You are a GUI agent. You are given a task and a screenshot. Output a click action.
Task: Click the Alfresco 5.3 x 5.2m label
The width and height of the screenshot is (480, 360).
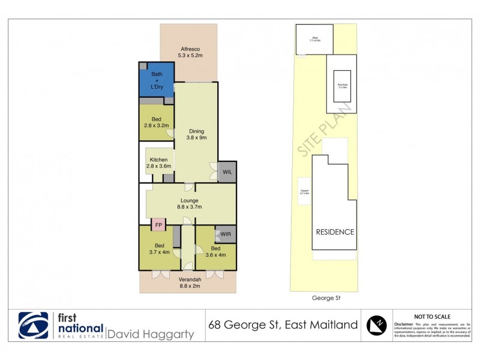pyautogui.click(x=188, y=52)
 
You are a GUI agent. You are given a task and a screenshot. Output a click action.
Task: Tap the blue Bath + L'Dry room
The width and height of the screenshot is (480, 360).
pyautogui.click(x=156, y=80)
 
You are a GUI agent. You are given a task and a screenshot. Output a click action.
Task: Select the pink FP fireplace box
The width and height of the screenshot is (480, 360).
pyautogui.click(x=158, y=225)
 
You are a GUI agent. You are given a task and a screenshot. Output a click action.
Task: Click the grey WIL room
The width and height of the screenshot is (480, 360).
pyautogui.click(x=227, y=172)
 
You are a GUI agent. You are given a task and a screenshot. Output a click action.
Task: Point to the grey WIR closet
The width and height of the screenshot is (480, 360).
pyautogui.click(x=226, y=235)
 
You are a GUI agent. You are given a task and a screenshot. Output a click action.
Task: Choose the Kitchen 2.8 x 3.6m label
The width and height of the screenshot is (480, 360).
pyautogui.click(x=158, y=163)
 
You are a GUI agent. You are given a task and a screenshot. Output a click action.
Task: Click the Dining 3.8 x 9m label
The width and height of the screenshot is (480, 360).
pyautogui.click(x=197, y=134)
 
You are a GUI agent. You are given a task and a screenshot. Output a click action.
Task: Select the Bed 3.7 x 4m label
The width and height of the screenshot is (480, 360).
pyautogui.click(x=159, y=249)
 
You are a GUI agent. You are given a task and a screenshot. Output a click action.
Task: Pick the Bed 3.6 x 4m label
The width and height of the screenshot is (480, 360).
pyautogui.click(x=215, y=251)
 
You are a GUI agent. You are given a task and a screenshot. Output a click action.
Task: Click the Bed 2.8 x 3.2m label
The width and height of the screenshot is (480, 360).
pyautogui.click(x=156, y=122)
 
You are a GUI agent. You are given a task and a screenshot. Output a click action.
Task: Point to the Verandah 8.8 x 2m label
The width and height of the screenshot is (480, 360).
pyautogui.click(x=187, y=283)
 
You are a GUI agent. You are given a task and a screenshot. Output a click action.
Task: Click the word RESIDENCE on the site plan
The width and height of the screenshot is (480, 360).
pyautogui.click(x=335, y=232)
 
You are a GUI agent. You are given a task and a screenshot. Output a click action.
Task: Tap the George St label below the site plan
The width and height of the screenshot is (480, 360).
pyautogui.click(x=326, y=297)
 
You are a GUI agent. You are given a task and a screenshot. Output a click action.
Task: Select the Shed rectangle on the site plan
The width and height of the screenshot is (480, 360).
pyautogui.click(x=314, y=40)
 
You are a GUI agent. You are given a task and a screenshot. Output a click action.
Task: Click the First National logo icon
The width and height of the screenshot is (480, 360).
pyautogui.click(x=33, y=326)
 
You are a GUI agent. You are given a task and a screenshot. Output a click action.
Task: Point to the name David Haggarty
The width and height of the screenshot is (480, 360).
pyautogui.click(x=150, y=334)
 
